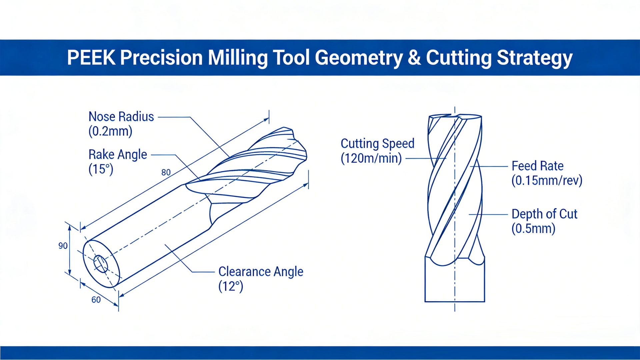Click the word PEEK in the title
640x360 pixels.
91,58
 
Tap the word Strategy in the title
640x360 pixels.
534,58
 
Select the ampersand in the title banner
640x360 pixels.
414,58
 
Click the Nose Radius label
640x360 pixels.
121,117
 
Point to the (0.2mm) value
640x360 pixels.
110,131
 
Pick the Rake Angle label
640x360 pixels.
118,155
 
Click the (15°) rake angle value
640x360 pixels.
101,169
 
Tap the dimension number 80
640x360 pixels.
166,172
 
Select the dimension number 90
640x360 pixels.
63,246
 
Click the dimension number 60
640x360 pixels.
96,300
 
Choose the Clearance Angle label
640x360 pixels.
261,272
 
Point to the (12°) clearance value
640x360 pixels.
231,286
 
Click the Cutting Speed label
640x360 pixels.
377,144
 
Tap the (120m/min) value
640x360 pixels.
371,158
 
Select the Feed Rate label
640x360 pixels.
537,166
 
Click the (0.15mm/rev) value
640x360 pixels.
547,181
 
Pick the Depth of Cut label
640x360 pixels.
544,214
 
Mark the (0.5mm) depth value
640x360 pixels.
533,229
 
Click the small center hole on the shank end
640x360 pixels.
100,264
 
